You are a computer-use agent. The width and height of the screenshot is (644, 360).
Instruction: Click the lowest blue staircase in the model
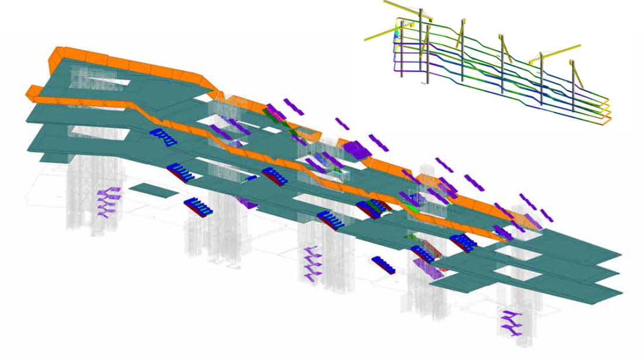(x=385, y=265)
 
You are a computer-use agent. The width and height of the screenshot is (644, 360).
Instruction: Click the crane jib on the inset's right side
(x=556, y=53)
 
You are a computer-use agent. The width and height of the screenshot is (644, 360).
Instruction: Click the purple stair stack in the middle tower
(x=310, y=263)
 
